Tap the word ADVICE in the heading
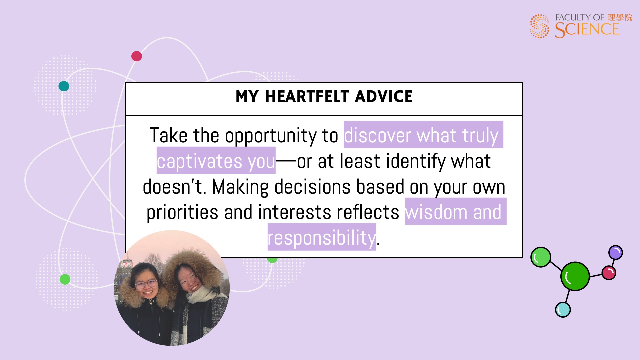pyautogui.click(x=384, y=97)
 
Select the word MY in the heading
pyautogui.click(x=247, y=97)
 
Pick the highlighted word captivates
pyautogui.click(x=199, y=161)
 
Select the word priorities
pyautogui.click(x=182, y=213)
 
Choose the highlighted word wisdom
pyautogui.click(x=436, y=212)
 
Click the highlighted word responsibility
pyautogui.click(x=322, y=238)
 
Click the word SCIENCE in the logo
pyautogui.click(x=587, y=30)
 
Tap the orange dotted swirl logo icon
pyautogui.click(x=540, y=26)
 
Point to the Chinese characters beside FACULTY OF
pyautogui.click(x=620, y=17)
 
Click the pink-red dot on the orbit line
pyautogui.click(x=137, y=56)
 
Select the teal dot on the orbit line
pyautogui.click(x=64, y=86)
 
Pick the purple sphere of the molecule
pyautogui.click(x=616, y=252)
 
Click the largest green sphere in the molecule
pyautogui.click(x=575, y=276)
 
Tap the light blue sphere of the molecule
pyautogui.click(x=563, y=310)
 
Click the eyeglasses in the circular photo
pyautogui.click(x=146, y=284)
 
